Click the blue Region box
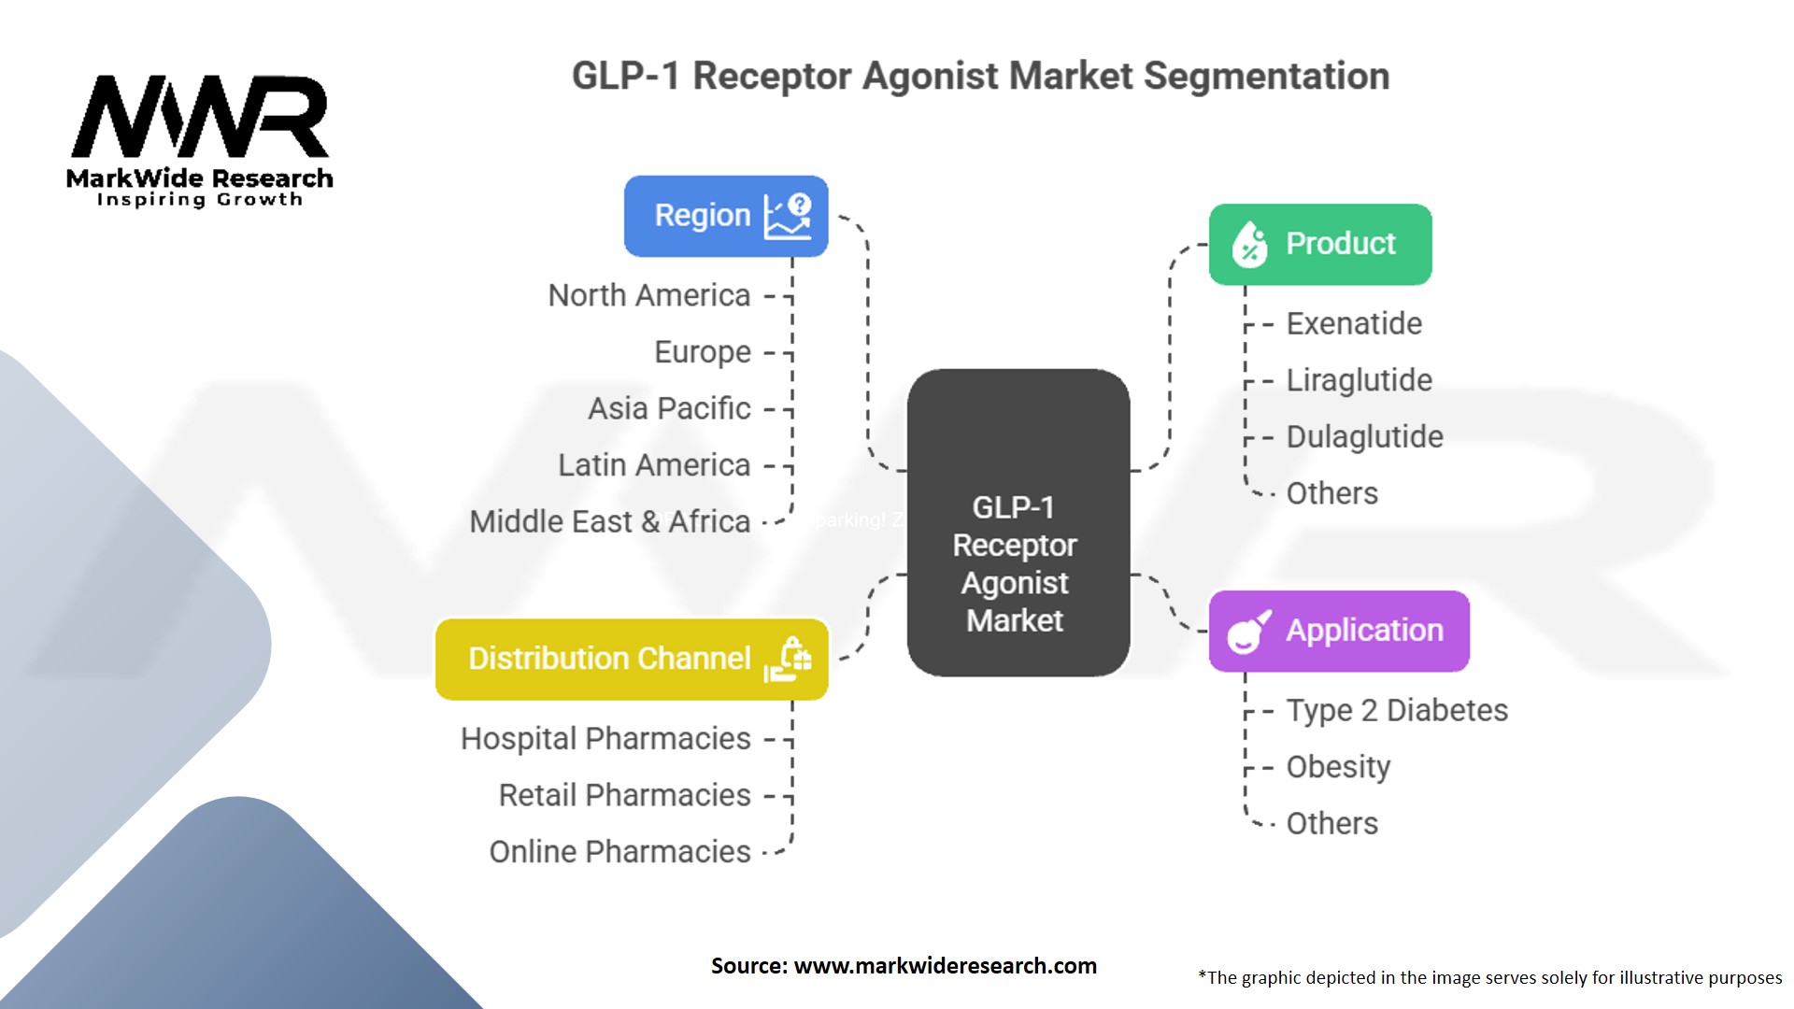click(726, 216)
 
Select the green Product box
click(1320, 245)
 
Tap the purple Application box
click(1339, 631)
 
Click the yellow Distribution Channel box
click(632, 659)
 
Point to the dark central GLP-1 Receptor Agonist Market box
click(1018, 522)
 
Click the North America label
click(649, 295)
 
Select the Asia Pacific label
click(669, 408)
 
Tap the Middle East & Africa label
click(610, 521)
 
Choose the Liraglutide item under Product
click(1359, 380)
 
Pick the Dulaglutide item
click(1364, 436)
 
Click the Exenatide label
click(1354, 323)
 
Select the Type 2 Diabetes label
click(1397, 711)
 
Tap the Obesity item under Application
click(1338, 767)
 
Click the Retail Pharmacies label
click(625, 795)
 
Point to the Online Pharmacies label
click(620, 852)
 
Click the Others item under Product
click(1331, 493)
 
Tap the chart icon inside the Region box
click(788, 216)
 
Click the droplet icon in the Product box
click(1249, 245)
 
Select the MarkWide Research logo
click(200, 141)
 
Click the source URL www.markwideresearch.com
click(945, 966)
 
